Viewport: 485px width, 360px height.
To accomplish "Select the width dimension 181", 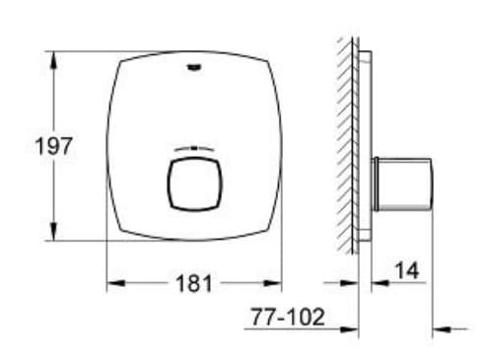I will pyautogui.click(x=195, y=284).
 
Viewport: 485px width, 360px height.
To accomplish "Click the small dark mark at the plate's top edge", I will pyautogui.click(x=193, y=67).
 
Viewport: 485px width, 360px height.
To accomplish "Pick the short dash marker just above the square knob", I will pyautogui.click(x=193, y=148).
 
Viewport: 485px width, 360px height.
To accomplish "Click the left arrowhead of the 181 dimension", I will pyautogui.click(x=114, y=284).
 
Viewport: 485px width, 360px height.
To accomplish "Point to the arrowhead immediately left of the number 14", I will pyautogui.click(x=379, y=283).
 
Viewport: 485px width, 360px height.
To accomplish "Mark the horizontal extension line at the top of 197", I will pyautogui.click(x=79, y=50).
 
